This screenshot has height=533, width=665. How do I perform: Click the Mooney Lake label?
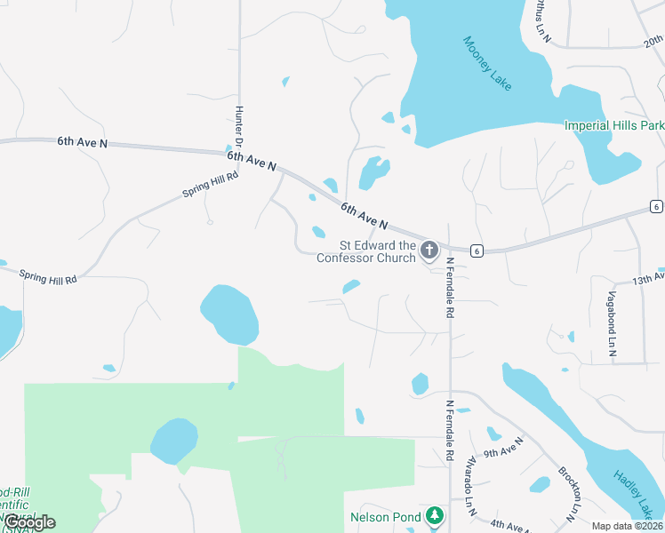(x=488, y=63)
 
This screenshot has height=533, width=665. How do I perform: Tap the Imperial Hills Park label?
(x=614, y=125)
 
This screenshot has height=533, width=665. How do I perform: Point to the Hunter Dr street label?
(x=239, y=128)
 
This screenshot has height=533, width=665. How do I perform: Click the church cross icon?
(x=429, y=251)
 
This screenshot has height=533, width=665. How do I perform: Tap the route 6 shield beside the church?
(x=477, y=251)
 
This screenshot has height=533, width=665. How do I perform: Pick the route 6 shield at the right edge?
(x=656, y=207)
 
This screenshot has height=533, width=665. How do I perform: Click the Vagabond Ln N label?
(x=612, y=324)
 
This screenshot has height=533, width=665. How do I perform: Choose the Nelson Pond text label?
(x=384, y=516)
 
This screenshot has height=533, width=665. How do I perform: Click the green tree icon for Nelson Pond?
(x=434, y=515)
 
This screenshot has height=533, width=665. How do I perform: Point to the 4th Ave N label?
(x=510, y=527)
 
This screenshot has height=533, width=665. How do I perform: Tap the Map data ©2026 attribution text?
(x=627, y=526)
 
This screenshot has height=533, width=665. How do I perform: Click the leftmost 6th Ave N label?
(x=82, y=141)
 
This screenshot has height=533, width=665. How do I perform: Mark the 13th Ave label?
(x=648, y=279)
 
